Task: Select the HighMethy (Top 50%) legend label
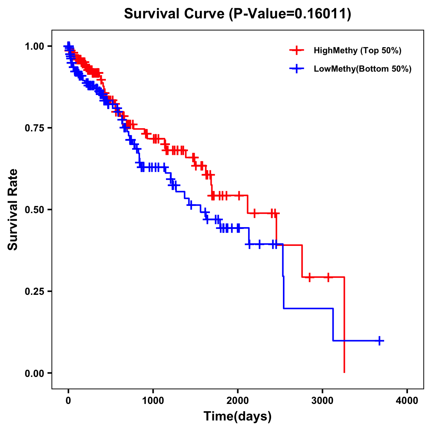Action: (357, 50)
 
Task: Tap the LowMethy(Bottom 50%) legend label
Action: (363, 69)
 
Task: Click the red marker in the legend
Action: (297, 50)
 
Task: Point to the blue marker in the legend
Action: (297, 69)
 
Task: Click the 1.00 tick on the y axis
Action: (34, 46)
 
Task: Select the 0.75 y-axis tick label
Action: (34, 128)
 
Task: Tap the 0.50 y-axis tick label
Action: (34, 210)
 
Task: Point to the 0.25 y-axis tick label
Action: (34, 291)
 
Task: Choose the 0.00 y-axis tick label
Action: (34, 373)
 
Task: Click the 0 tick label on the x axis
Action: (68, 400)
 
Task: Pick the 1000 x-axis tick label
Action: (153, 400)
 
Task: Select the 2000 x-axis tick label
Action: (238, 400)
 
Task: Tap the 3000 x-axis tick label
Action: (323, 400)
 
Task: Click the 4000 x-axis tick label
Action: (407, 400)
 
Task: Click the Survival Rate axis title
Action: (13, 210)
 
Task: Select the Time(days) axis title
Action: (238, 417)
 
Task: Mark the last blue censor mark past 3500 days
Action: (379, 340)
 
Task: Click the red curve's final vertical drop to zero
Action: (345, 324)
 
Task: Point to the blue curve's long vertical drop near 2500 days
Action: (283, 277)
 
